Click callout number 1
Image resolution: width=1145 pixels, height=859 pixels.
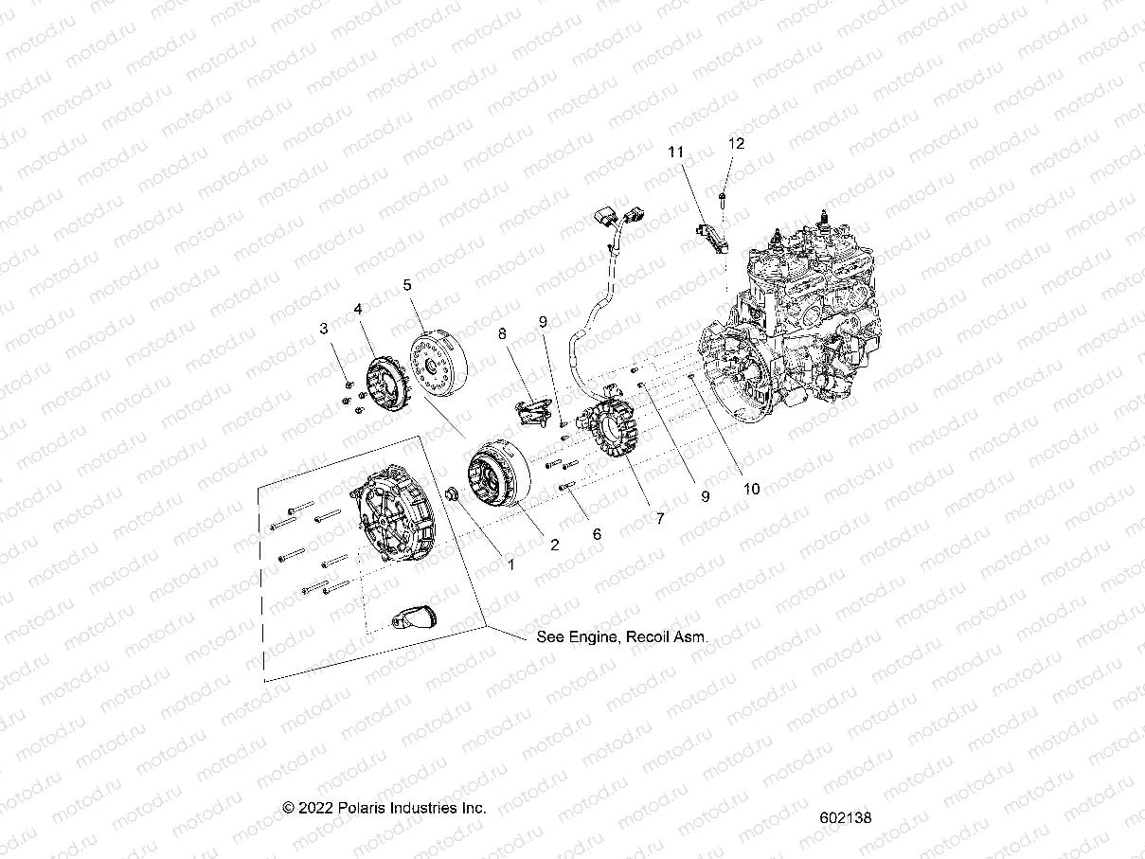[x=510, y=564]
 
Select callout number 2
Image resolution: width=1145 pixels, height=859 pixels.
[x=555, y=545]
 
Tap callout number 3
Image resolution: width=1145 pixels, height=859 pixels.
[x=324, y=329]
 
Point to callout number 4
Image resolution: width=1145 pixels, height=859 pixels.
[x=359, y=309]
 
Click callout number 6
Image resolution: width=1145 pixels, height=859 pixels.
[x=597, y=534]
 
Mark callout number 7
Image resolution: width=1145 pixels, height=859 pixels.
[x=660, y=518]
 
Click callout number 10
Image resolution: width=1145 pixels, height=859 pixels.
[x=751, y=490]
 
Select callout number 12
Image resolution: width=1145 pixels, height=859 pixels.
[x=736, y=144]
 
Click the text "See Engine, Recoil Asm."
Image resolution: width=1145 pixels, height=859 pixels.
[x=622, y=637]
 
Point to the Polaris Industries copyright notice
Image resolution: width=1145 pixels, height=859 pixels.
[x=385, y=808]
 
